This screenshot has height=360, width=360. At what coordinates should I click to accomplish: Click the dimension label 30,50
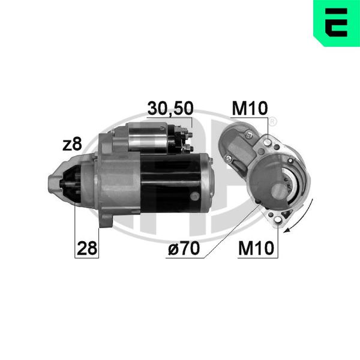pyautogui.click(x=170, y=109)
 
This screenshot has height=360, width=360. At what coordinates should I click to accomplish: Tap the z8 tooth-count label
pyautogui.click(x=72, y=145)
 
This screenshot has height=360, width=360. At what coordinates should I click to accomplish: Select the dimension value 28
pyautogui.click(x=87, y=248)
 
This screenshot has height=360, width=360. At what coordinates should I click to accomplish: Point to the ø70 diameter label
pyautogui.click(x=184, y=248)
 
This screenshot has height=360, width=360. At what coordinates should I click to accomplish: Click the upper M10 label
pyautogui.click(x=250, y=108)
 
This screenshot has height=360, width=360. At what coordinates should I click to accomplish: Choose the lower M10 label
pyautogui.click(x=256, y=248)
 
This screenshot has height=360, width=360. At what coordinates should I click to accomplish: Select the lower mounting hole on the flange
pyautogui.click(x=278, y=220)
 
